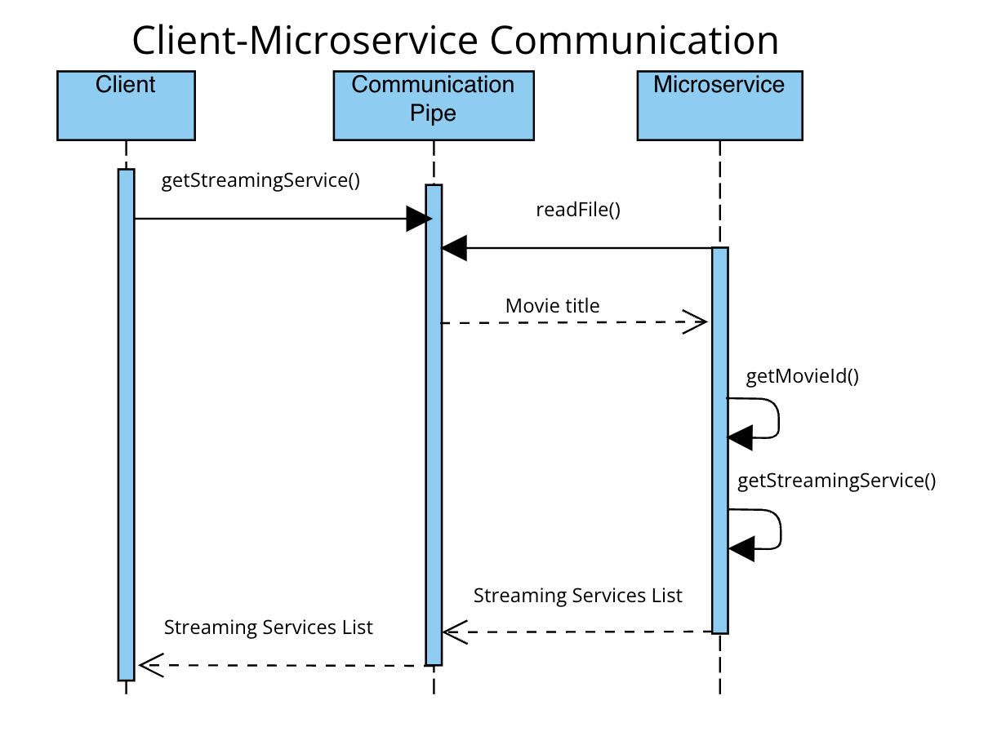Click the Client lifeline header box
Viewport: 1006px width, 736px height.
coord(126,105)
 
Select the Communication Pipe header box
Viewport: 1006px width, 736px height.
coord(433,105)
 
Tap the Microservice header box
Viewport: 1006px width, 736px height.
coord(719,105)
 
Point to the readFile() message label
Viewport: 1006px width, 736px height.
coord(578,210)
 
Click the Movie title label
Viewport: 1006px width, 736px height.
coord(552,306)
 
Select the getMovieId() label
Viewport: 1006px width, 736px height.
coord(803,377)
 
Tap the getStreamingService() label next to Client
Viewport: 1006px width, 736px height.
coord(260,180)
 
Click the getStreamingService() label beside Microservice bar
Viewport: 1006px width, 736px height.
coord(836,481)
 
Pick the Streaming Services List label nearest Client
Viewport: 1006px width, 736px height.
coord(268,627)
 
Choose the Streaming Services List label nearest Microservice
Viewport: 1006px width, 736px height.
coord(577,596)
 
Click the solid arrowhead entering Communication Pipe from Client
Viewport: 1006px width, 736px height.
coord(418,219)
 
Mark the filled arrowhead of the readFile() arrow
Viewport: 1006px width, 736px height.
coord(454,248)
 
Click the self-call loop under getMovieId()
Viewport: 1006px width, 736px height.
coord(768,419)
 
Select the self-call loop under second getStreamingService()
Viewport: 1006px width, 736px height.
coord(769,530)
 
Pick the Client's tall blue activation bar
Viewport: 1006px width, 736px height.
coord(126,424)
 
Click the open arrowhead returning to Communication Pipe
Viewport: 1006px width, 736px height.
coord(455,631)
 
